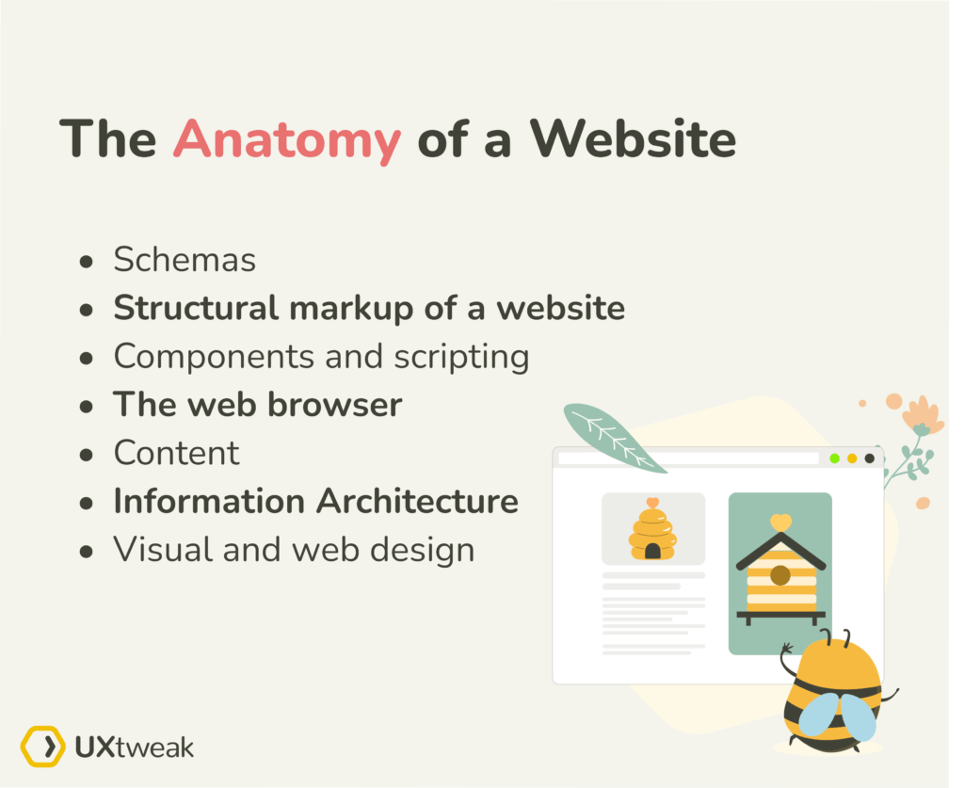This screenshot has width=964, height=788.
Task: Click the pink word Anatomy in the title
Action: (x=287, y=140)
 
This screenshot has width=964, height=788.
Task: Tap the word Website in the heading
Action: (x=634, y=138)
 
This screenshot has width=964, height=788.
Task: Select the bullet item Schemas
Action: (x=185, y=260)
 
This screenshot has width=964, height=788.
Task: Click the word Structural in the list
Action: (x=196, y=307)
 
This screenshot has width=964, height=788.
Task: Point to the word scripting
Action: (x=461, y=357)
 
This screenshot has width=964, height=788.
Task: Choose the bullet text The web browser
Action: (x=258, y=405)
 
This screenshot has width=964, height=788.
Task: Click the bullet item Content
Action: (x=176, y=453)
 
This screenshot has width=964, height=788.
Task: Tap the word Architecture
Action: (x=417, y=501)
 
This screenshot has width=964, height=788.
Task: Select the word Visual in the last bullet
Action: (x=162, y=549)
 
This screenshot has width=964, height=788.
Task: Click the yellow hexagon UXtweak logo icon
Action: (x=42, y=747)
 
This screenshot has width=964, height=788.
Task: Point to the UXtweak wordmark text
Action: (x=134, y=748)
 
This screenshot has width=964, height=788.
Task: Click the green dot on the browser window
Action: (x=834, y=458)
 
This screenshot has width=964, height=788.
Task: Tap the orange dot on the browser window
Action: (x=852, y=458)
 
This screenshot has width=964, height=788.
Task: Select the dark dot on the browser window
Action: (x=869, y=458)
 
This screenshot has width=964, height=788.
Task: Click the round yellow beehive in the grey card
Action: (x=652, y=530)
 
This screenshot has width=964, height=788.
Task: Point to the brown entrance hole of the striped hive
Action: (x=780, y=576)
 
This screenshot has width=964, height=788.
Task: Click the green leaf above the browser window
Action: (x=614, y=437)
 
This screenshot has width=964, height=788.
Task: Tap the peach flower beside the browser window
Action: (x=923, y=416)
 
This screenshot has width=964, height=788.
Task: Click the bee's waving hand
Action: (x=786, y=649)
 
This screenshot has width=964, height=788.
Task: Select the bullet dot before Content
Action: (x=87, y=455)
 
